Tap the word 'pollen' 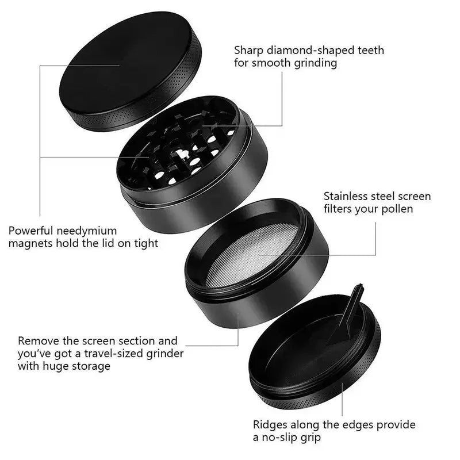coord(396,209)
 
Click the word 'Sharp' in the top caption coord(248,51)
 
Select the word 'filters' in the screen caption coord(339,209)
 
